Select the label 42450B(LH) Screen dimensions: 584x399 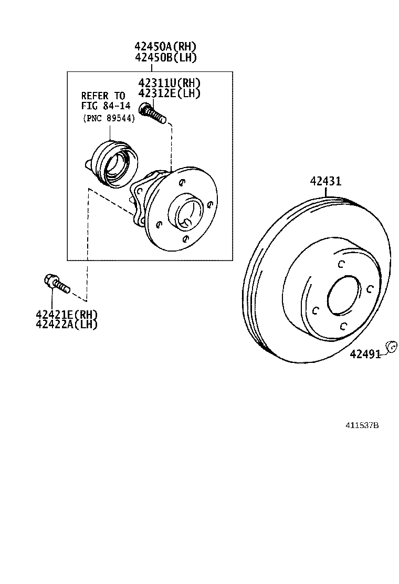point(166,58)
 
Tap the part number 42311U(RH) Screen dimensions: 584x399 point(170,83)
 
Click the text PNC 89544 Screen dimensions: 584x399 point(109,118)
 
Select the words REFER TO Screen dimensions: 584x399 point(103,96)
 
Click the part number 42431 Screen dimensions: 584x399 point(325,182)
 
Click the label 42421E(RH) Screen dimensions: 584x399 point(67,314)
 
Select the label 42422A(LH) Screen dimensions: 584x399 point(67,324)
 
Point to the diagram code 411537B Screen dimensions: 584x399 point(362,425)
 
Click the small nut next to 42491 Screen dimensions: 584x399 point(390,347)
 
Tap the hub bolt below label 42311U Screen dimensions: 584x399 point(153,112)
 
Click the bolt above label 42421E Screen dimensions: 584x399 point(56,284)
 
